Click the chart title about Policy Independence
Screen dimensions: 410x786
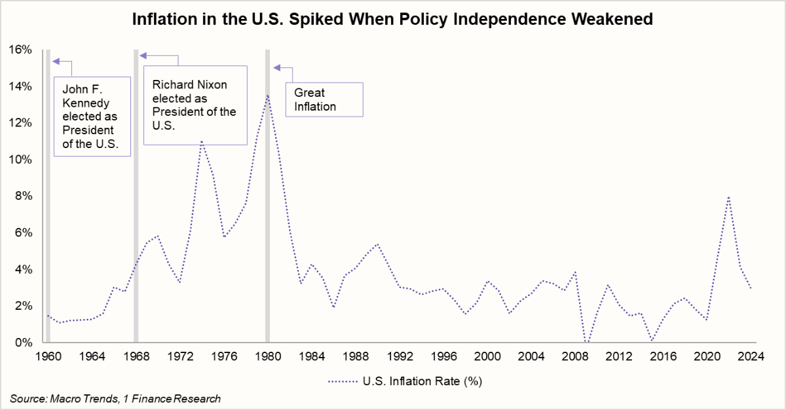392,19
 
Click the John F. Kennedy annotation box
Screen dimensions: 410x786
92,116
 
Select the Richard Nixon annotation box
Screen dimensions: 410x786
195,105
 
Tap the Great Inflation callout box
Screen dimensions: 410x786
324,100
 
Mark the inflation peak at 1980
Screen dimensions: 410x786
267,96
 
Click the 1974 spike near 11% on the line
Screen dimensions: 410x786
202,141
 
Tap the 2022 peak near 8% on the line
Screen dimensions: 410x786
728,196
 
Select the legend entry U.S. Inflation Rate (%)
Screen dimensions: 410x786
407,379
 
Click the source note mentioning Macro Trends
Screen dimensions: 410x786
115,398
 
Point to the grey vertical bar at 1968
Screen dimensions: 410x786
136,196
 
